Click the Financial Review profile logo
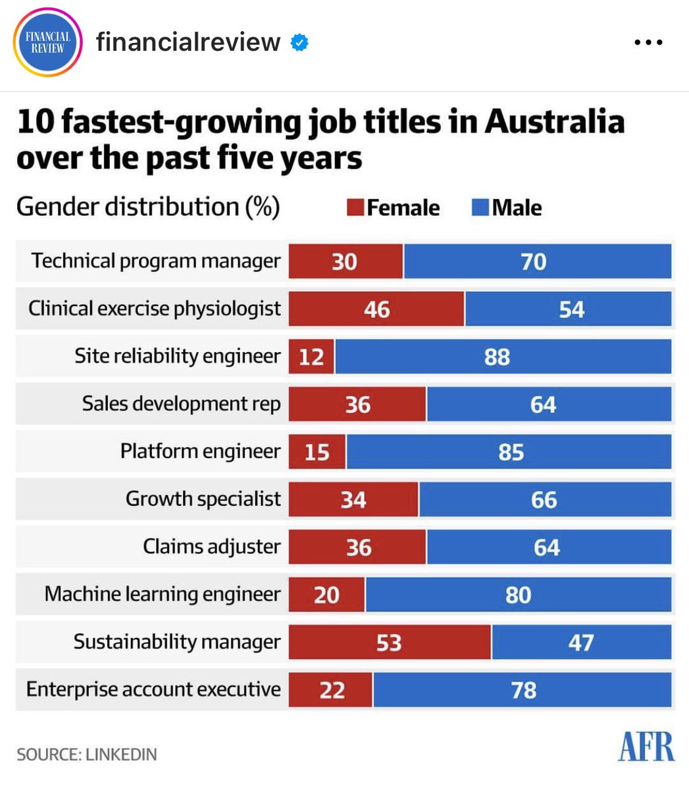pyautogui.click(x=47, y=43)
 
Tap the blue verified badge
pyautogui.click(x=300, y=43)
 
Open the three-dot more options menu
pyautogui.click(x=648, y=43)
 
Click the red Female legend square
pyautogui.click(x=355, y=208)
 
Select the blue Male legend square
pyautogui.click(x=480, y=208)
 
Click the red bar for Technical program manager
pyautogui.click(x=345, y=261)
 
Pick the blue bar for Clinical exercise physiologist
pyautogui.click(x=569, y=309)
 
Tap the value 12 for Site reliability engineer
pyautogui.click(x=311, y=357)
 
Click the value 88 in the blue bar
pyautogui.click(x=497, y=357)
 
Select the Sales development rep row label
pyautogui.click(x=181, y=404)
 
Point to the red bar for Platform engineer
pyautogui.click(x=317, y=452)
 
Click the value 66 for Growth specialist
pyautogui.click(x=544, y=500)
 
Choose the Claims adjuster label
pyautogui.click(x=211, y=546)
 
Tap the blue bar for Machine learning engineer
pyautogui.click(x=519, y=595)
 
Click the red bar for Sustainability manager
pyautogui.click(x=390, y=643)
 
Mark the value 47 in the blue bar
pyautogui.click(x=581, y=643)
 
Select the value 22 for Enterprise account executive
pyautogui.click(x=332, y=690)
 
